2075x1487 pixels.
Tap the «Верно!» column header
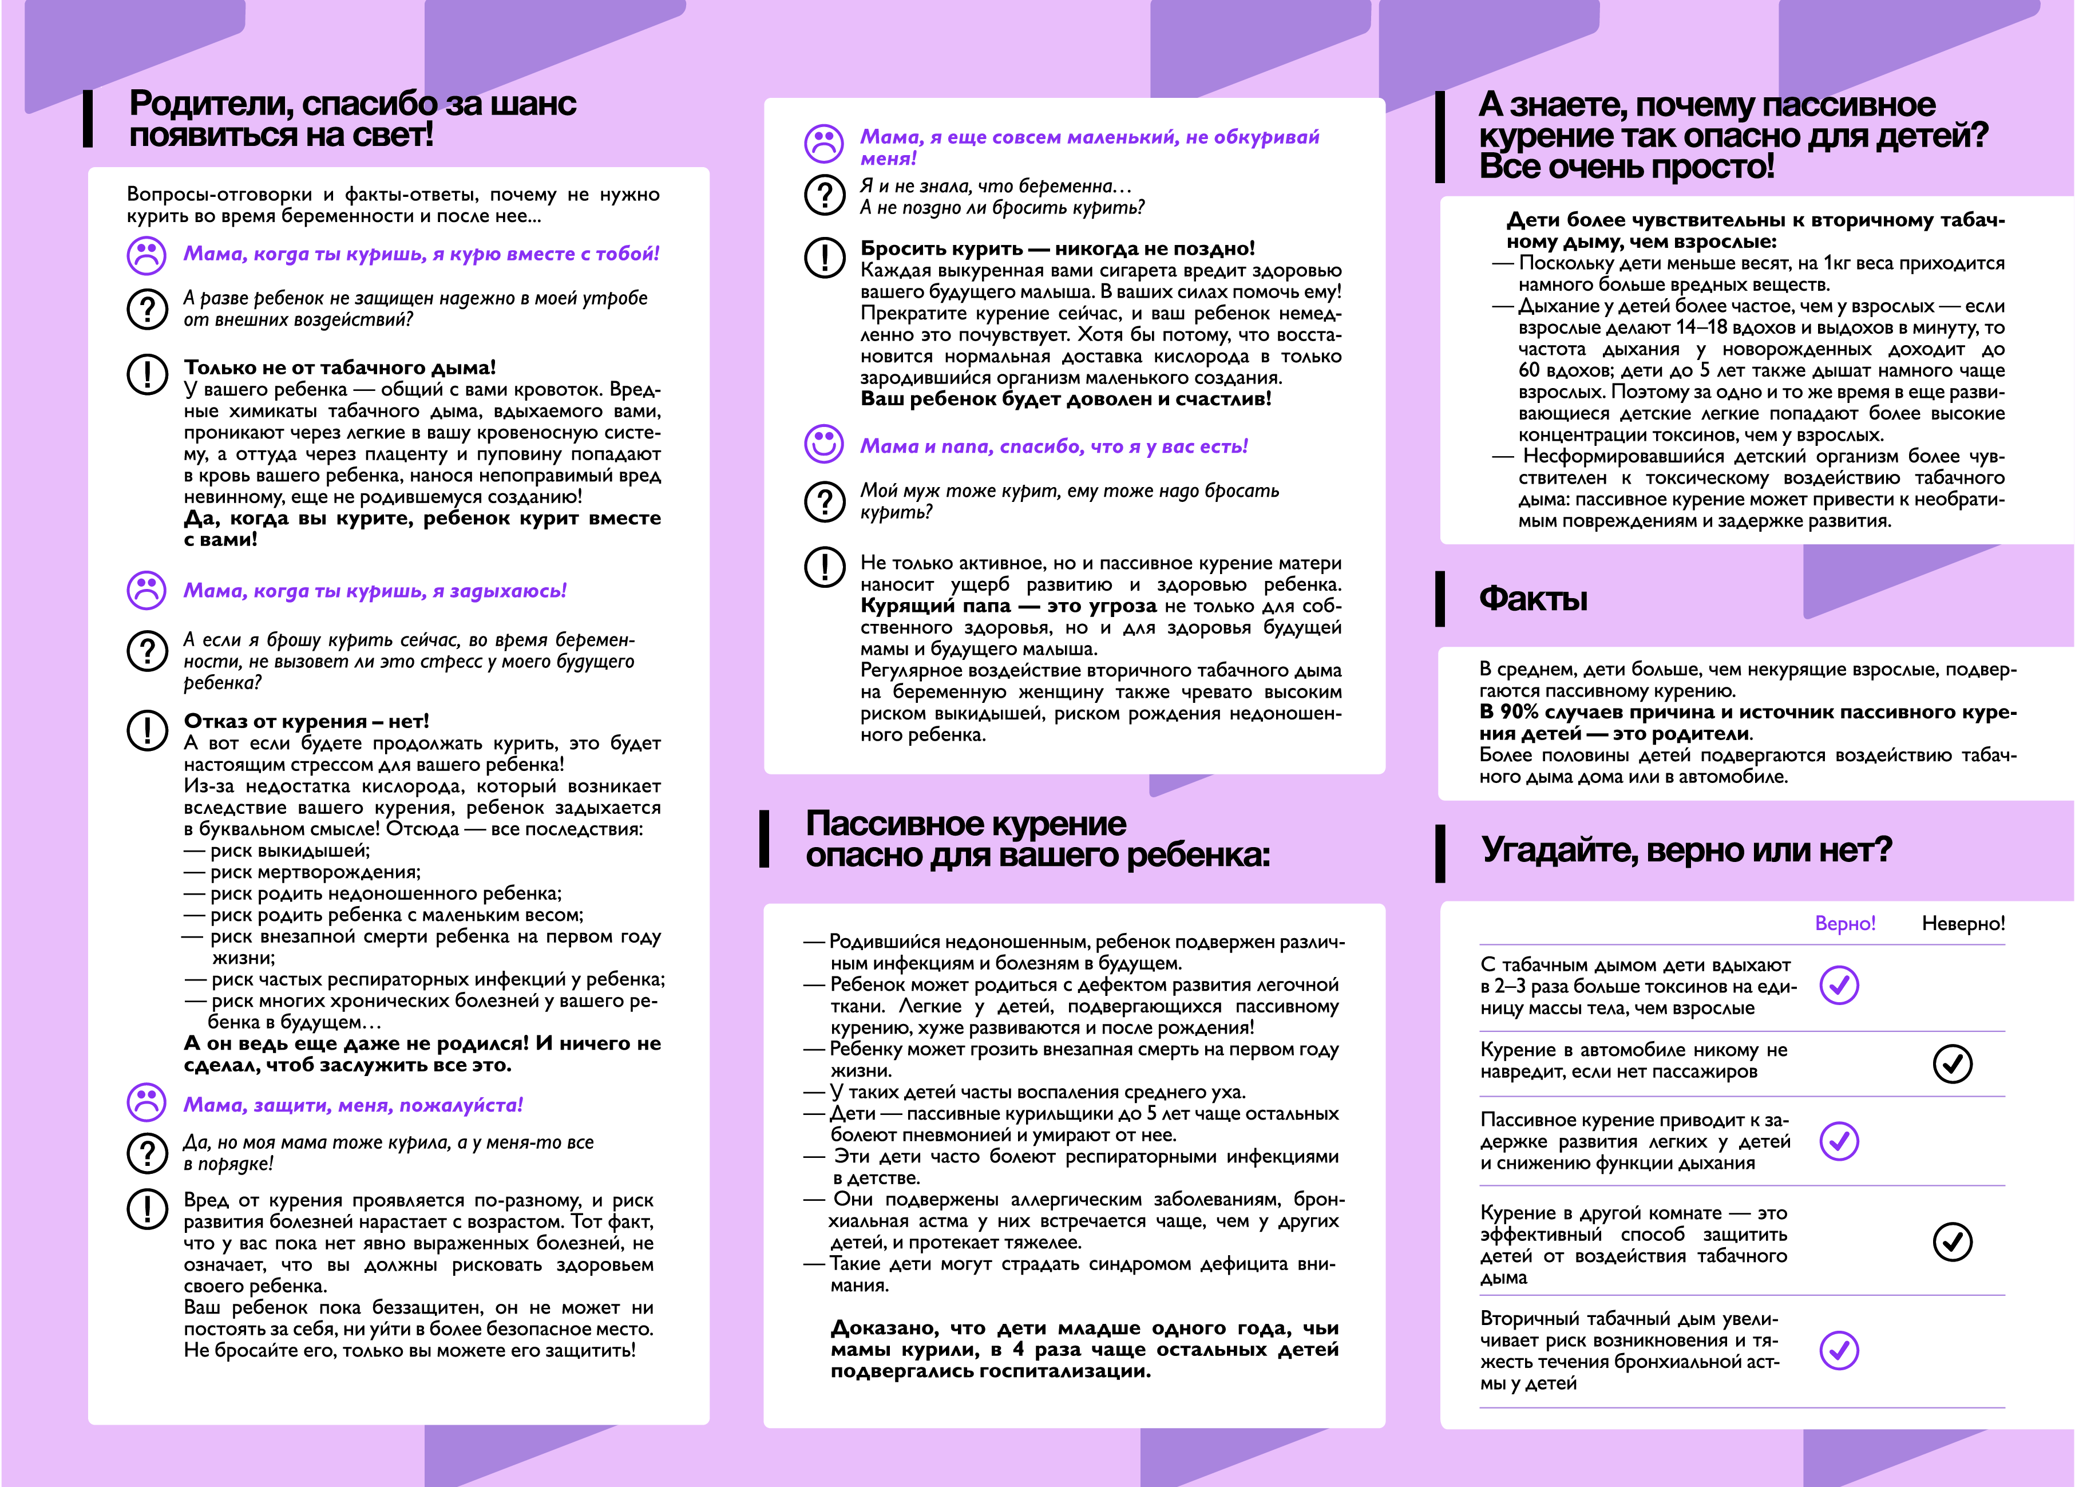pos(1844,923)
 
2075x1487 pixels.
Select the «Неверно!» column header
pos(1962,923)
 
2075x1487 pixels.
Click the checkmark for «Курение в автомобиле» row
pos(1953,1063)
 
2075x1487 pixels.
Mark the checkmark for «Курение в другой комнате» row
pos(1953,1242)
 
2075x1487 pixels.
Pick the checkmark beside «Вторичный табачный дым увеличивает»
pos(1839,1350)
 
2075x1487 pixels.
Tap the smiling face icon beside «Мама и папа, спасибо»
pos(823,444)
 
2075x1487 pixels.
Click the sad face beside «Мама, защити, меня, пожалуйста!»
pos(146,1103)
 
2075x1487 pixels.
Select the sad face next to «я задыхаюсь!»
pos(146,590)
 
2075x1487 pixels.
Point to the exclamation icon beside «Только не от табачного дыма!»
pos(146,374)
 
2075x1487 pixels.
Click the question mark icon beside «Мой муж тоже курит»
pos(823,501)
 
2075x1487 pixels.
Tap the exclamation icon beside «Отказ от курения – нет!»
pos(146,730)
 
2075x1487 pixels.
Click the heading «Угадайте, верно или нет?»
pos(1686,850)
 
